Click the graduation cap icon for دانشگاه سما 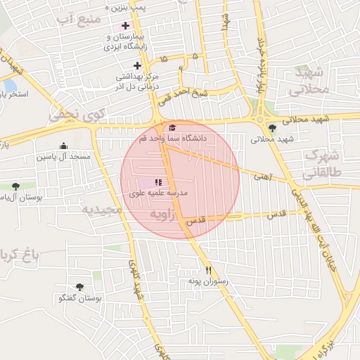[172, 127]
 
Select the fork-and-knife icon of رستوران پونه [208, 270]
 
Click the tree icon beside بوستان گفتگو [79, 287]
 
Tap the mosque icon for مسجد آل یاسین [64, 146]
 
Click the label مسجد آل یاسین [64, 157]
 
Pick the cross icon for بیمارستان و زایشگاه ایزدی [125, 25]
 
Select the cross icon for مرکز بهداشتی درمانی [137, 65]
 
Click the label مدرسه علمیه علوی [157, 192]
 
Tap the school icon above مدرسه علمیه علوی [157, 182]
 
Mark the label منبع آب [76, 19]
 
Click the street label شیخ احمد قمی [183, 94]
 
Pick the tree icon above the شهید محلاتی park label [272, 128]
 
